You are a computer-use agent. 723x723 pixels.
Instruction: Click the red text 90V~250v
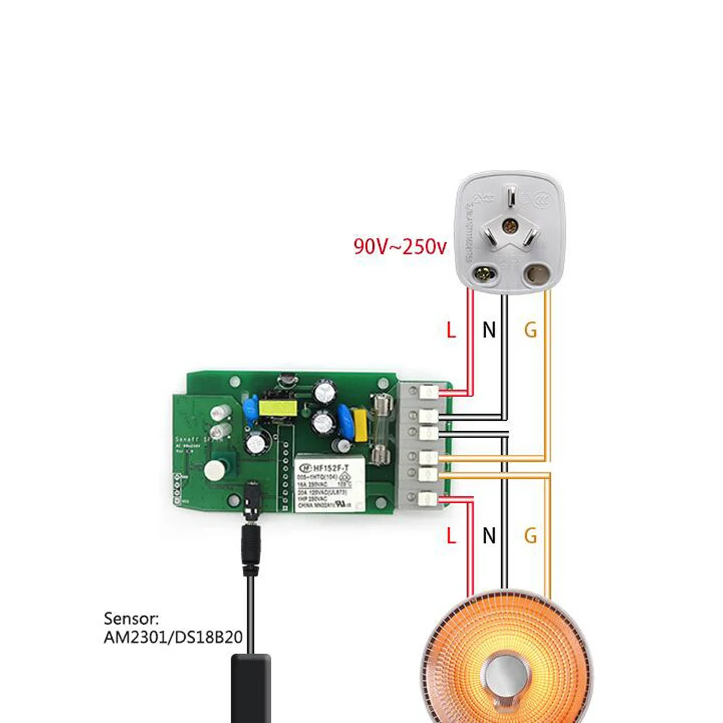click(x=400, y=247)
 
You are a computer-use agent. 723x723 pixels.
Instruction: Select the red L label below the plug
click(x=451, y=331)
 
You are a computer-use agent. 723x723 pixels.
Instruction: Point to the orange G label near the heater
click(x=531, y=536)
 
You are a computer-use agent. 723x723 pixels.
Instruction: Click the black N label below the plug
click(x=489, y=331)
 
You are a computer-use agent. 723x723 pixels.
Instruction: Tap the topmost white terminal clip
click(x=429, y=393)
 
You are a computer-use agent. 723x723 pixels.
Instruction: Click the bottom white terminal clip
click(x=429, y=497)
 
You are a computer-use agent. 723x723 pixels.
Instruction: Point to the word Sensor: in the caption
click(x=131, y=619)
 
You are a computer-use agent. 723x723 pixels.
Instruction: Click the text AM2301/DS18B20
click(x=173, y=638)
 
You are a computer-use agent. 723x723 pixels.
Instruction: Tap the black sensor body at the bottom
click(x=250, y=687)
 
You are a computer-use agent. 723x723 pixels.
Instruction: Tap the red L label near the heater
click(x=451, y=536)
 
